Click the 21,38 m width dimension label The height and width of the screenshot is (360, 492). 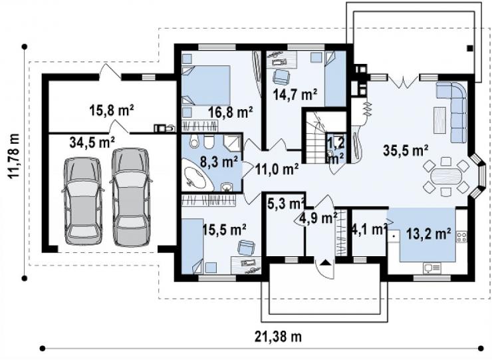click(278, 337)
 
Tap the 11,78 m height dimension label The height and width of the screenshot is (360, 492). click(13, 156)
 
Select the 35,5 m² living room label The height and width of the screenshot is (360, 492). click(406, 150)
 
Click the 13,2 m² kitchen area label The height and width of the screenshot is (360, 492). click(429, 234)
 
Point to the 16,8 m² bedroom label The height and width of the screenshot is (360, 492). click(231, 112)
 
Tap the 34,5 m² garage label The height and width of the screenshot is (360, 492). click(92, 142)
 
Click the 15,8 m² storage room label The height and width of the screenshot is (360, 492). click(112, 110)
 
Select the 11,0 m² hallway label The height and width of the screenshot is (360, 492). click(277, 169)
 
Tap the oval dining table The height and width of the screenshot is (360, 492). click(446, 176)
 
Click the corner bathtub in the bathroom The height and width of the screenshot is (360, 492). click(197, 176)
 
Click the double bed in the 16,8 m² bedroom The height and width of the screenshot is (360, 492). click(207, 85)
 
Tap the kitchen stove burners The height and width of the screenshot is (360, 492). click(461, 236)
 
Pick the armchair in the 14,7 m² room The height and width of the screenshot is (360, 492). click(281, 77)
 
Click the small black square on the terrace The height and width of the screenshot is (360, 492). click(469, 49)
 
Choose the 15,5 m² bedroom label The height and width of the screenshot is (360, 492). click(224, 230)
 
